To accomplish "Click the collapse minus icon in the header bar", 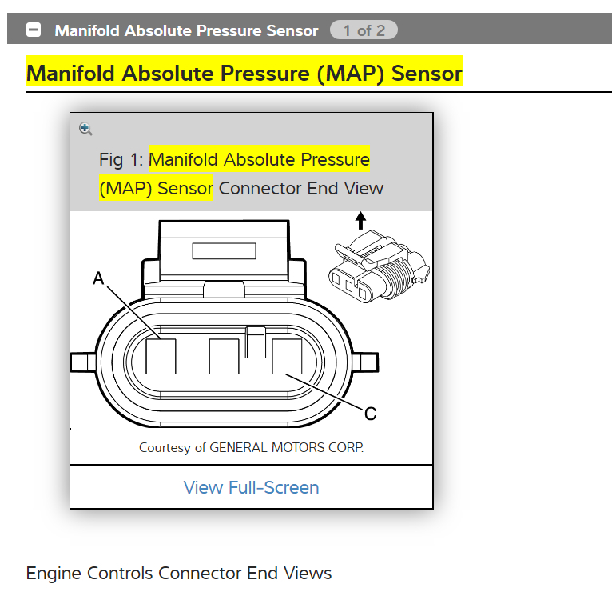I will [x=34, y=30].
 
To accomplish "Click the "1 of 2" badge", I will [x=364, y=30].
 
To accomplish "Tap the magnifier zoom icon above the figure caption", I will [x=85, y=129].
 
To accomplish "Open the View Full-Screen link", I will [x=251, y=487].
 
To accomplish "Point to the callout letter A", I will [x=98, y=278].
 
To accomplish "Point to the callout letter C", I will [x=370, y=414].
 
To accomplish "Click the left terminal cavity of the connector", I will [x=161, y=356].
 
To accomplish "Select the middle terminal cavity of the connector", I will [x=224, y=356].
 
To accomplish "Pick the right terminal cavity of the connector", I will [x=287, y=356].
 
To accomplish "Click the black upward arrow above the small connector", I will [x=360, y=220].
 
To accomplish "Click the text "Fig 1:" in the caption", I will [x=121, y=159].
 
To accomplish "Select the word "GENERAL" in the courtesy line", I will [x=240, y=447].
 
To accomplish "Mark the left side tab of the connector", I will [x=82, y=362].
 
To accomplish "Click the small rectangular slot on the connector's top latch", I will [x=224, y=250].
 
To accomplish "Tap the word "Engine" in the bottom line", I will [x=54, y=573].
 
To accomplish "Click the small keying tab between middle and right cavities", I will [x=256, y=342].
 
